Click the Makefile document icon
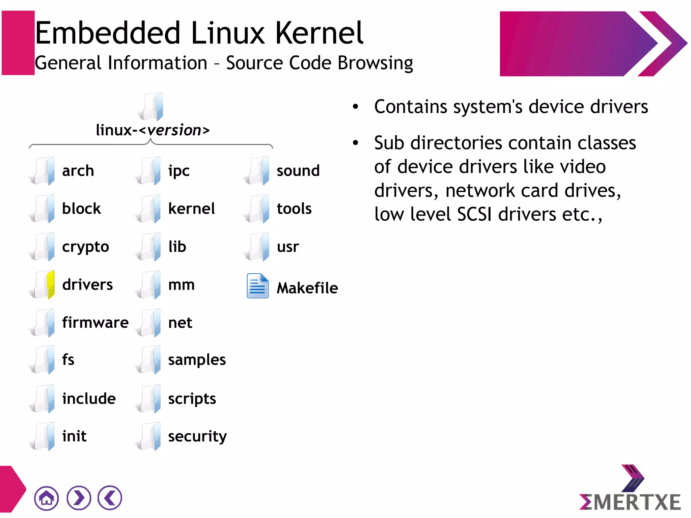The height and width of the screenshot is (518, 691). tap(257, 286)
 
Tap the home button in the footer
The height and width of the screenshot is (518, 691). tap(46, 498)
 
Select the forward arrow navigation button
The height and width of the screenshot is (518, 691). tap(79, 498)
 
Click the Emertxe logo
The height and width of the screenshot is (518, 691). tap(630, 489)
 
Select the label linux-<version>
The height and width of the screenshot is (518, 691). tap(153, 130)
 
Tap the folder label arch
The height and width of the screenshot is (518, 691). tap(78, 171)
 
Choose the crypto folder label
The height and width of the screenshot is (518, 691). tap(85, 247)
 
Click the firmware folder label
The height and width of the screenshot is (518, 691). tap(95, 323)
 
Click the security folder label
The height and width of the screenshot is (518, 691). tap(197, 436)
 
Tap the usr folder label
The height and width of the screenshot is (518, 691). tap(288, 247)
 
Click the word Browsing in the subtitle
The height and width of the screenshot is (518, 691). tap(375, 63)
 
